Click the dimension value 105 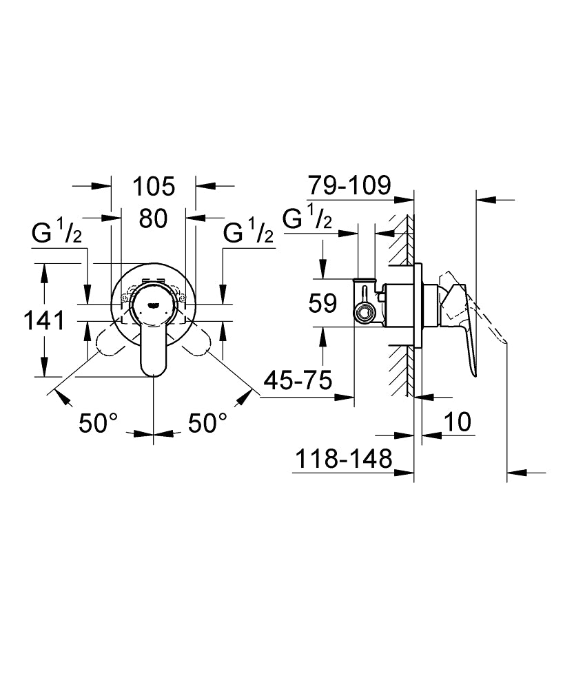click(153, 187)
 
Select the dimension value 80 click(153, 219)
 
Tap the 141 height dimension click(43, 320)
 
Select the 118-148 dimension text click(343, 458)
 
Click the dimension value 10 click(456, 422)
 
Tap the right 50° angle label click(208, 423)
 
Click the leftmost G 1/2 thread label click(57, 234)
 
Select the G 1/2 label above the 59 click(309, 218)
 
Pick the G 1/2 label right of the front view click(249, 234)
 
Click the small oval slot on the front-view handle click(153, 302)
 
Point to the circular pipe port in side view click(362, 314)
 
